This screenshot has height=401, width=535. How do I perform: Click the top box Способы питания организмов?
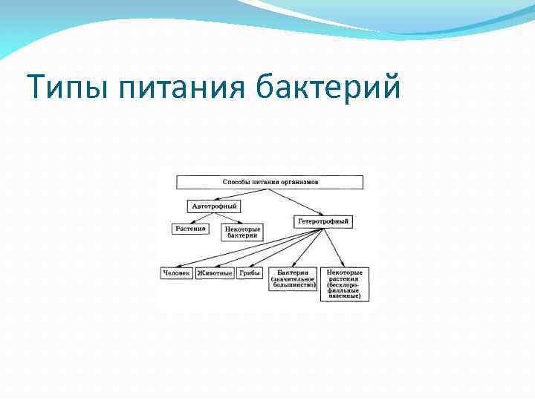(270, 182)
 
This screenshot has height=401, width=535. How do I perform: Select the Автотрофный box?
(214, 205)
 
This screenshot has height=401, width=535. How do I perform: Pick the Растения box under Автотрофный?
(190, 229)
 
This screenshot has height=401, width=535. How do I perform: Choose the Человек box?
(176, 273)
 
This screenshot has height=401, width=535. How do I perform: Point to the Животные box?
(215, 273)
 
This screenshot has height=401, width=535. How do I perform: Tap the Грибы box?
(250, 273)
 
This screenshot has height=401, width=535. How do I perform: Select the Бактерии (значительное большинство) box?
(293, 278)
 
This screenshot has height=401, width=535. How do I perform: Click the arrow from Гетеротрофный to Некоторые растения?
(333, 247)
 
